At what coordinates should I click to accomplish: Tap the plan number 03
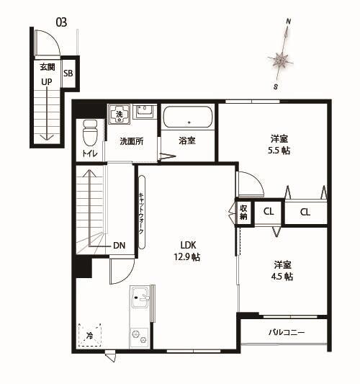(x=61, y=22)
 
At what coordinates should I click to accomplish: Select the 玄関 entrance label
(x=47, y=67)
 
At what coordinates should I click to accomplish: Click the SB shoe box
(x=68, y=73)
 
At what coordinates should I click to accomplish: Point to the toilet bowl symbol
(x=90, y=132)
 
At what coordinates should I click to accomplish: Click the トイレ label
(x=90, y=153)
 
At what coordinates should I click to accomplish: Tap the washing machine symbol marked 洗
(x=118, y=113)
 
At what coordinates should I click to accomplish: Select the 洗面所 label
(x=132, y=140)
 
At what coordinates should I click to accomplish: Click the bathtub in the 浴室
(x=187, y=117)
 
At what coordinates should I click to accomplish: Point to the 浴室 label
(x=187, y=140)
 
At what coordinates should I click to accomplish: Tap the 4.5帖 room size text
(x=282, y=276)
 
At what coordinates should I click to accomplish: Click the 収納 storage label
(x=244, y=212)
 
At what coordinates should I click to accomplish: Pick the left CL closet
(x=268, y=212)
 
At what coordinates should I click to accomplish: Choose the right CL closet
(x=305, y=212)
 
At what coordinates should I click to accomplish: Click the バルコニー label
(x=287, y=333)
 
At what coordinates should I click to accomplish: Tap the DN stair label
(x=119, y=246)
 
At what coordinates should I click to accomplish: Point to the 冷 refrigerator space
(x=90, y=336)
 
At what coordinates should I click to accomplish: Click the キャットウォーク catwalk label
(x=141, y=213)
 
